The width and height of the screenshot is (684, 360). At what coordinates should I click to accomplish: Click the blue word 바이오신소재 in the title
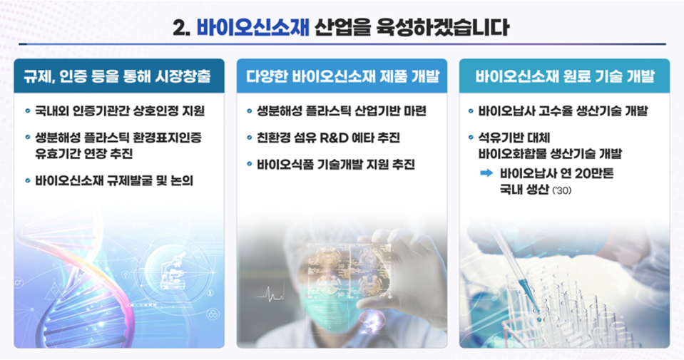coord(253,28)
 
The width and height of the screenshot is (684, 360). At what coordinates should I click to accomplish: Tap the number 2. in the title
coord(181,29)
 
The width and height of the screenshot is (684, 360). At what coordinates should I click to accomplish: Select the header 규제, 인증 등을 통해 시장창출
coord(118,76)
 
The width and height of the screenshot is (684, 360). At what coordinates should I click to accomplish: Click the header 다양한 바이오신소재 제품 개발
coord(342,76)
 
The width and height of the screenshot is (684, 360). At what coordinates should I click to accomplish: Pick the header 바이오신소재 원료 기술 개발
coord(565,76)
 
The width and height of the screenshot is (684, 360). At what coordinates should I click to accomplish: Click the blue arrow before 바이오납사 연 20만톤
coord(486,173)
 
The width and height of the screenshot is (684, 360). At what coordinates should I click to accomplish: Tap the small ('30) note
coord(561,190)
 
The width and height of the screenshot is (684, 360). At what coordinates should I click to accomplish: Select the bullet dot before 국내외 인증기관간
coord(28,111)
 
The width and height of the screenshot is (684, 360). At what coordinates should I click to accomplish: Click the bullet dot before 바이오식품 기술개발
coord(250,164)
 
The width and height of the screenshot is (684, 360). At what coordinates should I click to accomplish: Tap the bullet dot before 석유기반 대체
coord(471,138)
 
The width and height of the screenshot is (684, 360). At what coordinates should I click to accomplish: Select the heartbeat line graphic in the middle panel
coord(270,297)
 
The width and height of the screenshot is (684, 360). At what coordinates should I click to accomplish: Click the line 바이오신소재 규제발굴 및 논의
coord(114,180)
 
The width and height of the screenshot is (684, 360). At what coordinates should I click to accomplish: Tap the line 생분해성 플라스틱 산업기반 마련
coord(342,111)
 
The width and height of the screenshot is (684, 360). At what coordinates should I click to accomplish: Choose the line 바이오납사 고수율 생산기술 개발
coord(563,111)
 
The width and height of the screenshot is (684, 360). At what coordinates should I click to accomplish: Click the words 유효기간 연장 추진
coord(83,153)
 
